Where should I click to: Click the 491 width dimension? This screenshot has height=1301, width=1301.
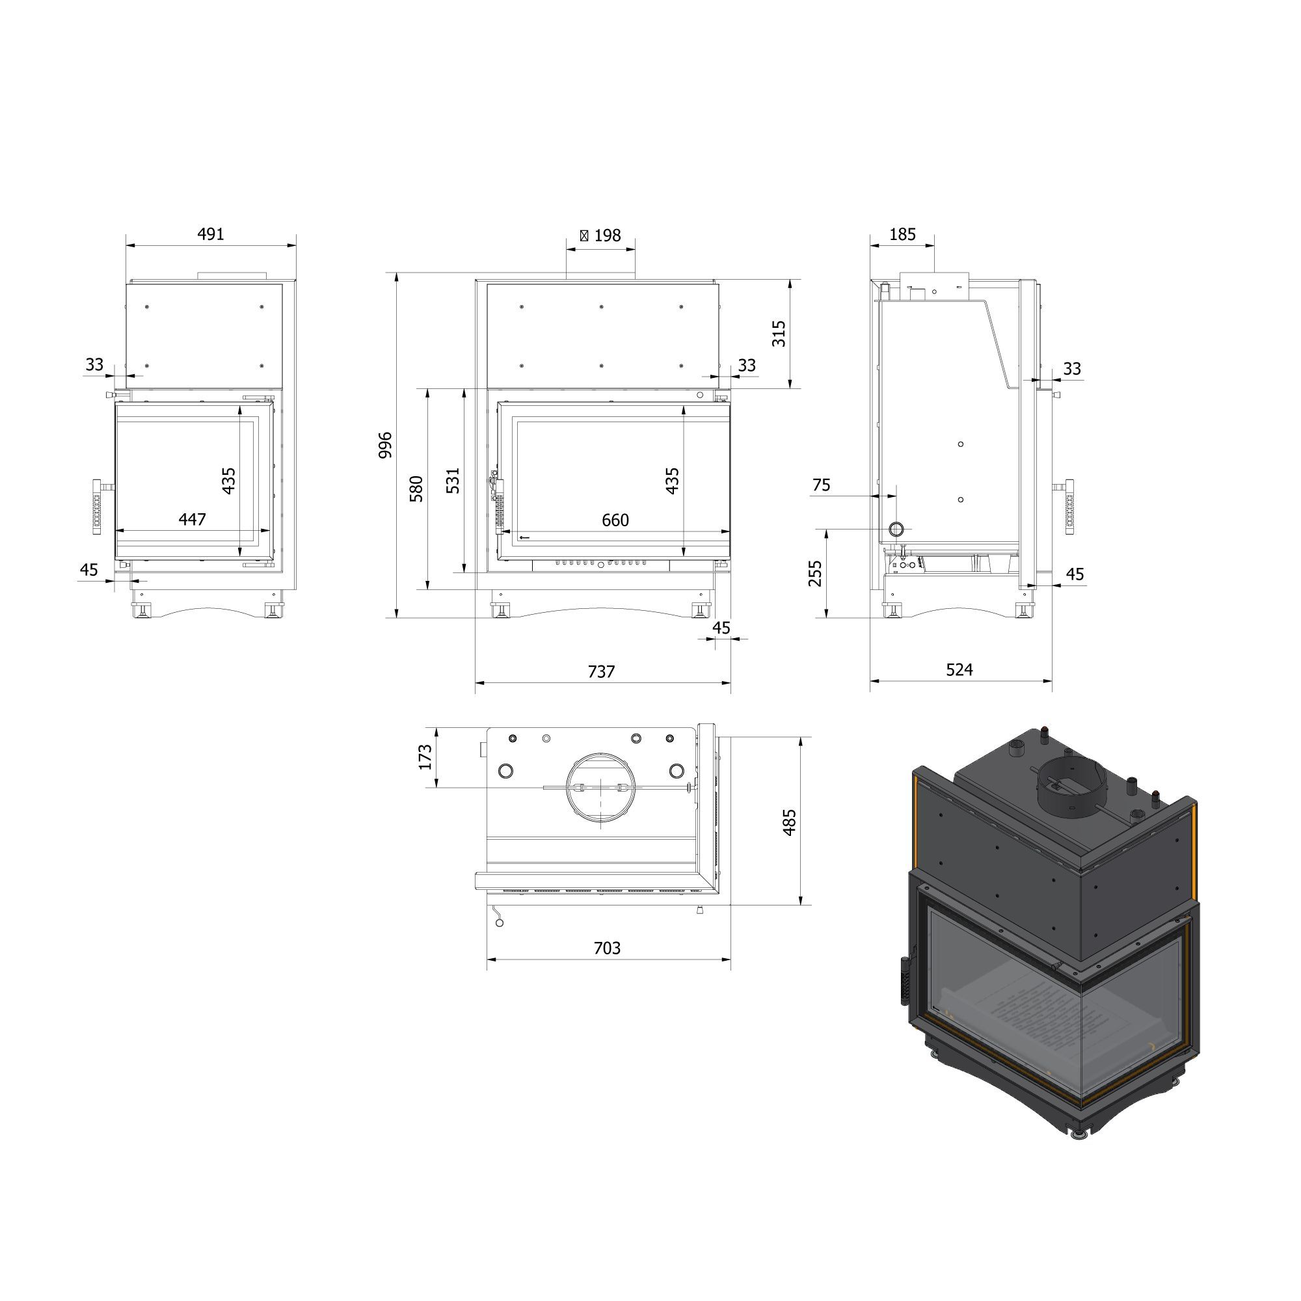(x=210, y=234)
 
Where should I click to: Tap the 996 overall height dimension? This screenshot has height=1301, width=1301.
(x=385, y=445)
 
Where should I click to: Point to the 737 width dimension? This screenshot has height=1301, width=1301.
(x=601, y=671)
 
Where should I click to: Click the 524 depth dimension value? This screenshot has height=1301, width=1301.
(x=959, y=669)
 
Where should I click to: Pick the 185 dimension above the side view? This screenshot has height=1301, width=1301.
(x=902, y=234)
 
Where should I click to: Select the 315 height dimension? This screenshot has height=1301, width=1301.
(x=779, y=333)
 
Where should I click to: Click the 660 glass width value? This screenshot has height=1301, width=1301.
(x=615, y=520)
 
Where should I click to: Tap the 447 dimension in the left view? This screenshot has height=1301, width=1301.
(x=192, y=519)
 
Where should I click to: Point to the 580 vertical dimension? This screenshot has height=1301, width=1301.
(x=416, y=489)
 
